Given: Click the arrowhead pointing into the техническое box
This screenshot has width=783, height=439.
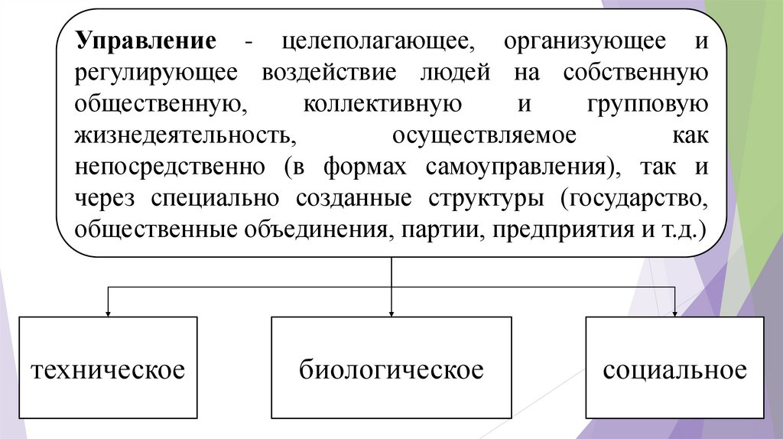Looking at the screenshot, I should click(108, 311).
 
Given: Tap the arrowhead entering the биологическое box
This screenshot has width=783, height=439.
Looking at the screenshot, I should click(391, 311).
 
